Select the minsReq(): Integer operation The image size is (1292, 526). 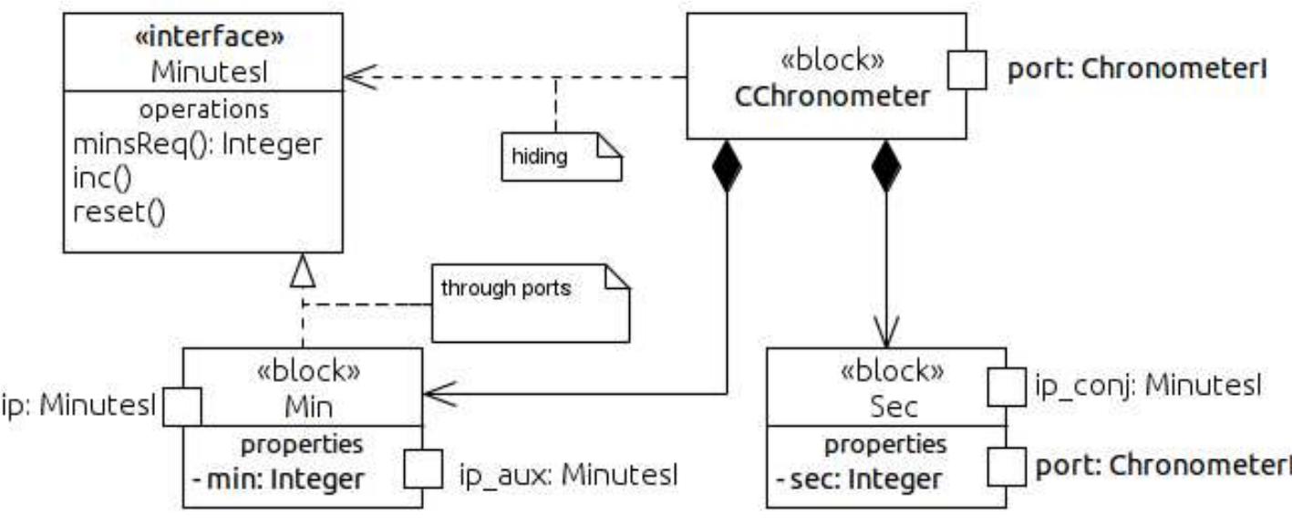197,145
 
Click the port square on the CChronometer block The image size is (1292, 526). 966,71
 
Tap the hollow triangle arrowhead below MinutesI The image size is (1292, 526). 303,271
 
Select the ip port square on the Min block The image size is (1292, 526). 182,407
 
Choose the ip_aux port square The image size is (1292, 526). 423,469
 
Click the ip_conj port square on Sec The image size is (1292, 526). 1007,386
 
